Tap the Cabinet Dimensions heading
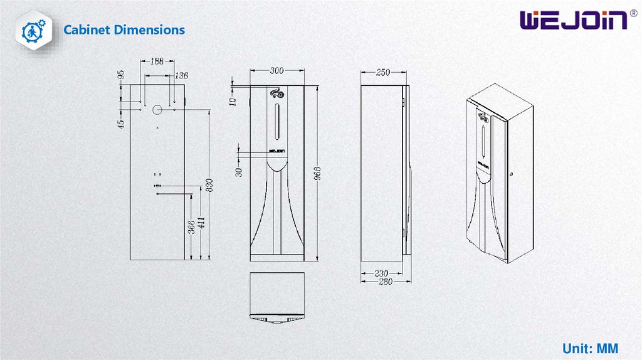(124, 30)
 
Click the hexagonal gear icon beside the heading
(34, 30)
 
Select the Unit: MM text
(590, 349)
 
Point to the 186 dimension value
(157, 61)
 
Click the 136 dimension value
(181, 75)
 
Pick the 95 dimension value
(121, 75)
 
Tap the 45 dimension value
(121, 124)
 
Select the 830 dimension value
(209, 185)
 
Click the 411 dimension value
(201, 223)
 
